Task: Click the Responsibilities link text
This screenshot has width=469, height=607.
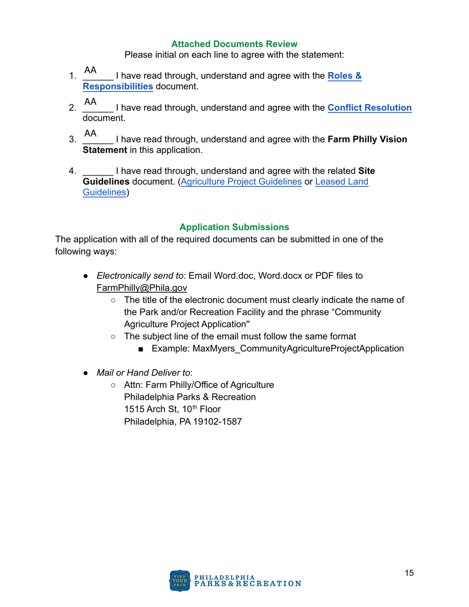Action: pyautogui.click(x=117, y=87)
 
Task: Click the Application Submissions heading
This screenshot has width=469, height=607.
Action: pyautogui.click(x=234, y=227)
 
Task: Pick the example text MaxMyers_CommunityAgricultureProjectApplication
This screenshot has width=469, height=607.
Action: pyautogui.click(x=278, y=348)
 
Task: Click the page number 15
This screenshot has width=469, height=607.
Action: pyautogui.click(x=409, y=573)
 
